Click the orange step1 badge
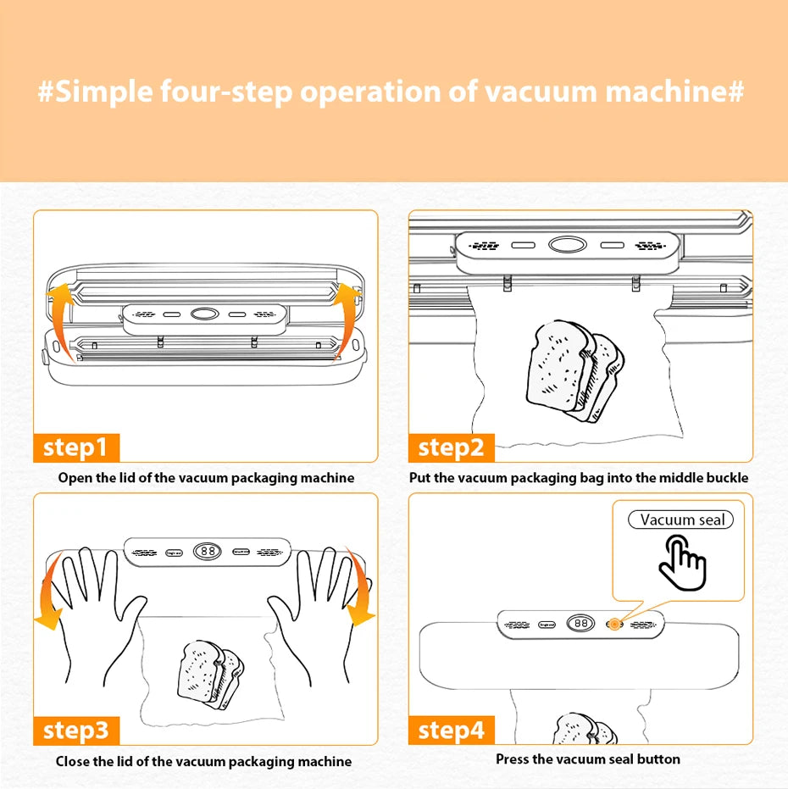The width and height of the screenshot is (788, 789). coord(76,447)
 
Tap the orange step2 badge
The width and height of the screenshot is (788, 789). coord(451,447)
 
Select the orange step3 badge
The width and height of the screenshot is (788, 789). coord(76,730)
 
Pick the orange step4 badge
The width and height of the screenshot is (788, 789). coord(451,730)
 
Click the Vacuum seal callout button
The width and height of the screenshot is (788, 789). coord(681,520)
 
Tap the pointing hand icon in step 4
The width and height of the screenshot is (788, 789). coord(682,564)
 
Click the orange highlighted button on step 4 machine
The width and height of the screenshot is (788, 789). coord(613,625)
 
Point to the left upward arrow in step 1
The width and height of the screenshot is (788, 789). coord(60,319)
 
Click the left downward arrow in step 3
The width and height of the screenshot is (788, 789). coord(49,593)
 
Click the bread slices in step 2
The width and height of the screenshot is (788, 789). coord(574,370)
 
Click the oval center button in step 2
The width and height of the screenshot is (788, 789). coord(565,245)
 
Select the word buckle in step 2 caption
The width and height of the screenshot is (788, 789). coord(728,478)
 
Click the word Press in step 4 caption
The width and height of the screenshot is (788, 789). coord(513,759)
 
